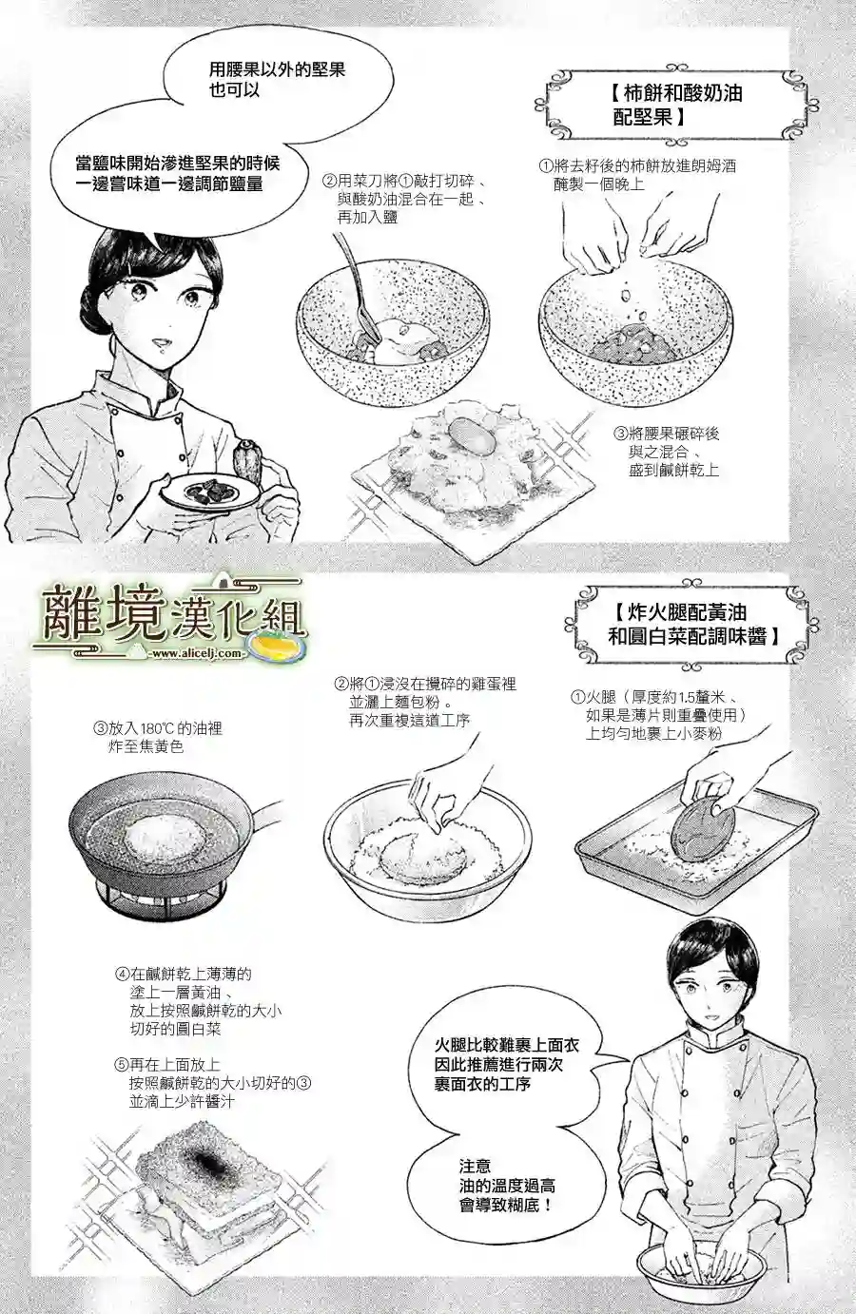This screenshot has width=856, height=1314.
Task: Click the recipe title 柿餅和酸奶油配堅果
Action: pyautogui.click(x=678, y=105)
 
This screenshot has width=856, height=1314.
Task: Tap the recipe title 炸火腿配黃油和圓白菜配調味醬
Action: pyautogui.click(x=693, y=624)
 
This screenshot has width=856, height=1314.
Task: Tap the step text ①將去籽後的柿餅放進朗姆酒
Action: pyautogui.click(x=637, y=174)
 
